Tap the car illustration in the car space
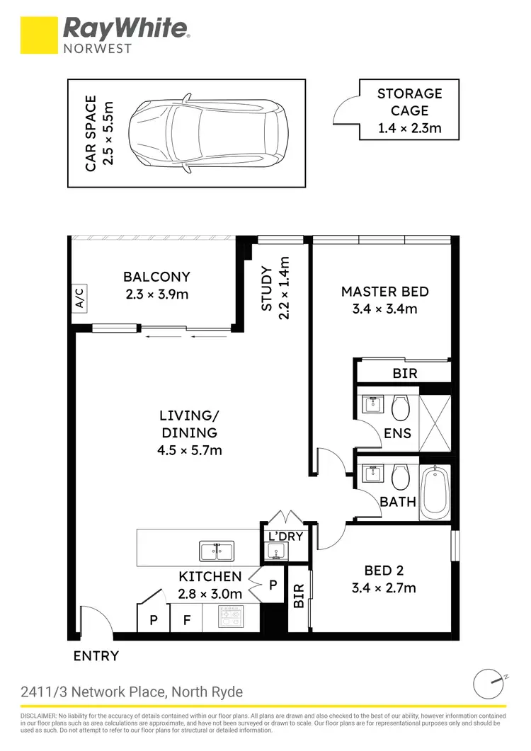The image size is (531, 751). (210, 133)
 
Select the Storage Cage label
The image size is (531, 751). (409, 111)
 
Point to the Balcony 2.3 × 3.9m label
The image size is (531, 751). (156, 285)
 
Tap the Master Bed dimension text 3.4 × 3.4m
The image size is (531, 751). (384, 309)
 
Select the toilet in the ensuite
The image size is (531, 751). (400, 406)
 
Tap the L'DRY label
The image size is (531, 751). (286, 537)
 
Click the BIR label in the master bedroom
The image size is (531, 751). (405, 373)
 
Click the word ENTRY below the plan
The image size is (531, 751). (96, 656)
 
